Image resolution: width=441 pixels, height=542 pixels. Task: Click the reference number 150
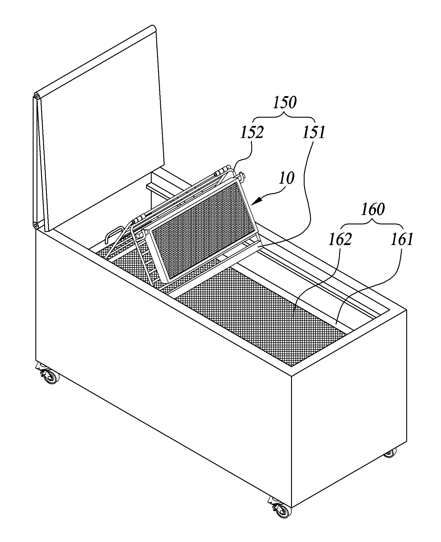(x=285, y=103)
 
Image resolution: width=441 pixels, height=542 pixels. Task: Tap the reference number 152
(x=252, y=132)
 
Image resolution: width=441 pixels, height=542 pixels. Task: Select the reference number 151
(x=313, y=132)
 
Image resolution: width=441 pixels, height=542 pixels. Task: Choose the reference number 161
(x=402, y=239)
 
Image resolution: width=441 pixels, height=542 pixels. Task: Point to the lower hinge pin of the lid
(x=36, y=225)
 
